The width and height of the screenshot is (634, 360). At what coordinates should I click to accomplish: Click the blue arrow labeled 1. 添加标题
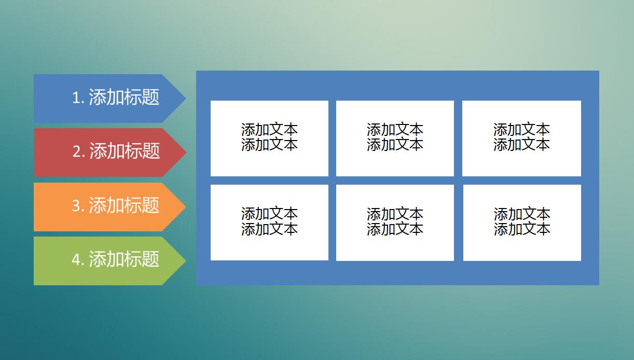click(104, 98)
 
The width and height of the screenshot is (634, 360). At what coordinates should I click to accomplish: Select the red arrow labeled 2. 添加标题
click(104, 152)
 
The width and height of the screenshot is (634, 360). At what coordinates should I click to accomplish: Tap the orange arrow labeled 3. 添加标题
click(104, 206)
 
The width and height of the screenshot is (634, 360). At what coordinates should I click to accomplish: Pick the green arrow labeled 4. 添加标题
click(104, 260)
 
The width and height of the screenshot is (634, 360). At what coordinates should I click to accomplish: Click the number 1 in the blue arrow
click(76, 98)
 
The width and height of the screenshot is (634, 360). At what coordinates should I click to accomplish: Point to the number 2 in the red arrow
click(77, 152)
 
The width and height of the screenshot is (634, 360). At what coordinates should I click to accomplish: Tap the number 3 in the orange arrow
click(76, 206)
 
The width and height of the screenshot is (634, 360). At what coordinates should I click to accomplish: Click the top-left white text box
click(269, 138)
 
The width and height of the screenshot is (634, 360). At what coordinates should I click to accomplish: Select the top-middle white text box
click(395, 138)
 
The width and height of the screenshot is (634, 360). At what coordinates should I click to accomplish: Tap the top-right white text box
click(521, 138)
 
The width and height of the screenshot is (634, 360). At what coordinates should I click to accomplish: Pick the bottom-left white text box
click(269, 222)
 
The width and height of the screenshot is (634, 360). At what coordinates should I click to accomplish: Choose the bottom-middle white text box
click(395, 222)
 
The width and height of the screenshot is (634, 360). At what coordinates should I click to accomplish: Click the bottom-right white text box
click(522, 222)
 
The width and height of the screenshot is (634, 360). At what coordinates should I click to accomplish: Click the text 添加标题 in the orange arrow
click(124, 206)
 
